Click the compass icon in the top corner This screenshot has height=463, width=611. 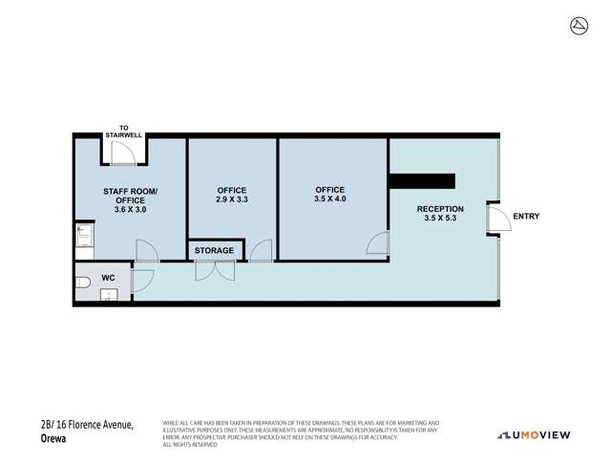[578, 25]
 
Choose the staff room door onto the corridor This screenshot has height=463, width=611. [146, 251]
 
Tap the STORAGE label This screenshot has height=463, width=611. [214, 250]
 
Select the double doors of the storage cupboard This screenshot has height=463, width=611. [214, 270]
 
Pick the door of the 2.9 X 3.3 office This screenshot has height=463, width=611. [261, 251]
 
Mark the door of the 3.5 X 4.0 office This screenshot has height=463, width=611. [378, 243]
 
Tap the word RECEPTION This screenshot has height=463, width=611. [440, 208]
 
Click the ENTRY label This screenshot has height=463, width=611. [526, 217]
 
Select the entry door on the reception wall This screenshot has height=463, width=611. [495, 219]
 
